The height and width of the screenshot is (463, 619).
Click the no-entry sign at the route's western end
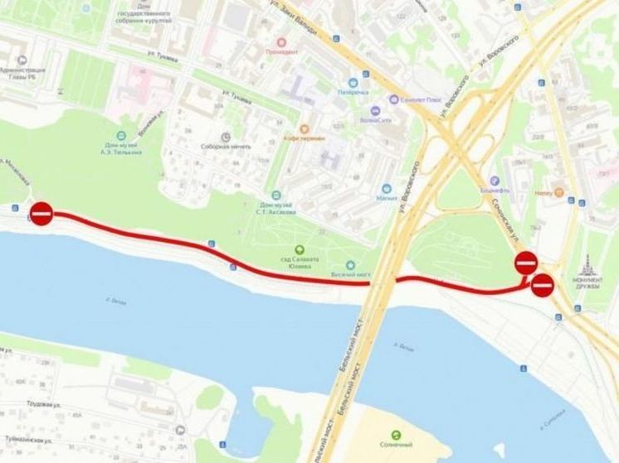tap(42, 213)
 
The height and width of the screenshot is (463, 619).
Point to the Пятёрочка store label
tap(352, 92)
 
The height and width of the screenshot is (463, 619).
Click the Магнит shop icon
tap(386, 189)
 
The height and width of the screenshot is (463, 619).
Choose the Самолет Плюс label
tap(421, 99)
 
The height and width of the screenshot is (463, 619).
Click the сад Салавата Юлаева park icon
tap(299, 250)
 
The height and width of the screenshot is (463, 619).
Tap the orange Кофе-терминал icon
tap(304, 129)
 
